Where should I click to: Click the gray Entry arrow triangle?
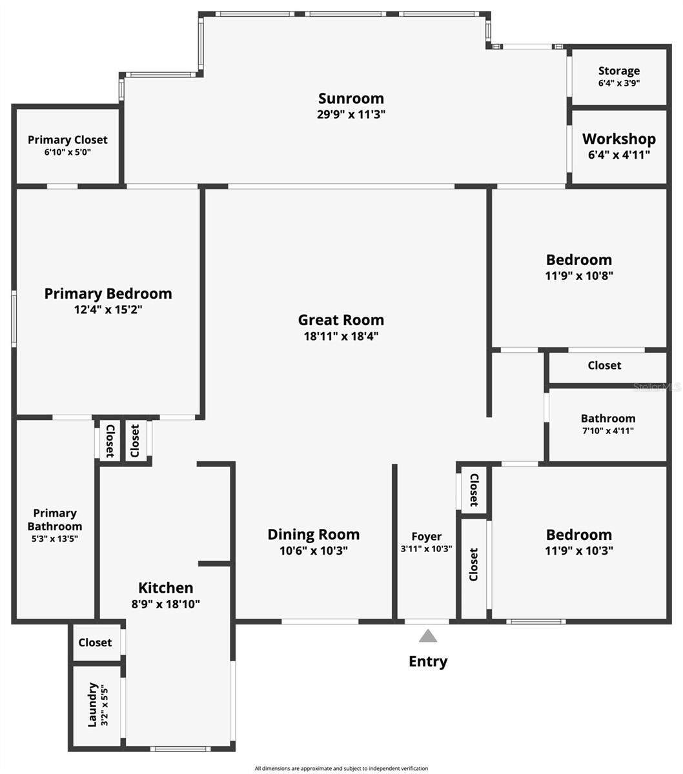(427, 636)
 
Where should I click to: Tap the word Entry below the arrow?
(428, 662)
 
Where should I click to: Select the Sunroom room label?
(351, 99)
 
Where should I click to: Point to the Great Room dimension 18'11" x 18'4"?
(341, 336)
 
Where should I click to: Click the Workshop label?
(618, 139)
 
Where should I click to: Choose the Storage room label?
(618, 71)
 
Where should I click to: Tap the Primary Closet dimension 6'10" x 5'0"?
(67, 152)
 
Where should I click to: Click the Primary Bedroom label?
(108, 293)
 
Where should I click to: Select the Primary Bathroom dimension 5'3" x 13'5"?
(55, 539)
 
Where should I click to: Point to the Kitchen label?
(166, 588)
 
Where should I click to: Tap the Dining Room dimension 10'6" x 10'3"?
(314, 551)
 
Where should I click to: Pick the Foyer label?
(427, 537)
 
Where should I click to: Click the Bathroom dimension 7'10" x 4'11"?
(608, 431)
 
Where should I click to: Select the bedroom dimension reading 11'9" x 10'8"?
(579, 275)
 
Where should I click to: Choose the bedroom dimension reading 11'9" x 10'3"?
(579, 551)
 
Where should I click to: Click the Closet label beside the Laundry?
(96, 642)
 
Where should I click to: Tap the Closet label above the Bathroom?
(604, 365)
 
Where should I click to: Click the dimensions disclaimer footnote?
(341, 768)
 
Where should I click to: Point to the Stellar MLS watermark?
(657, 387)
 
